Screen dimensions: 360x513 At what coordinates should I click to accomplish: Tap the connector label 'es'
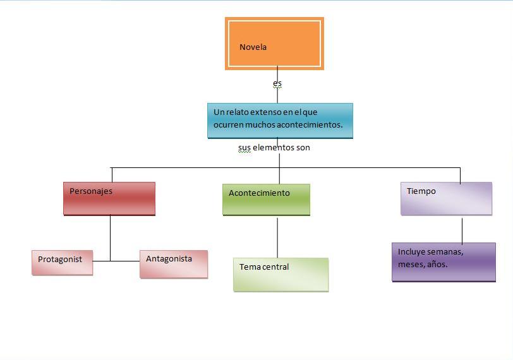(277, 83)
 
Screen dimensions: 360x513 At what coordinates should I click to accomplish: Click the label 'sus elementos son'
(274, 148)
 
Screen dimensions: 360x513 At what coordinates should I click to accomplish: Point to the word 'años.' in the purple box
(437, 265)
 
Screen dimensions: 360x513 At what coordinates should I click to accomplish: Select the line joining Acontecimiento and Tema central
(277, 237)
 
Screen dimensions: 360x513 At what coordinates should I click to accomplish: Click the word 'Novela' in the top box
(253, 47)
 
